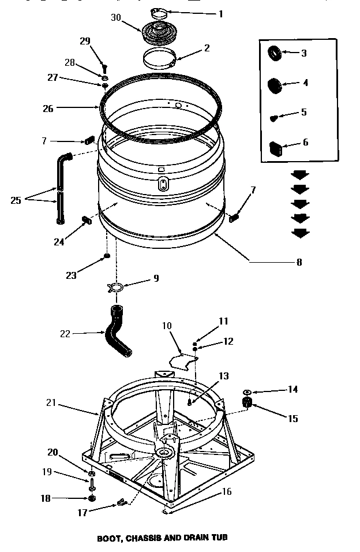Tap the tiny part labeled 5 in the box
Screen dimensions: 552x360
(x=274, y=117)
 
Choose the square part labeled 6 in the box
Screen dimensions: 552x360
(x=275, y=148)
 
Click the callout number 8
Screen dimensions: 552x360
(x=299, y=262)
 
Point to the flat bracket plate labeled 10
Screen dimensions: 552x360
(x=182, y=360)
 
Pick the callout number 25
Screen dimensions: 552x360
(x=16, y=200)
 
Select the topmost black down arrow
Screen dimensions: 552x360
(x=299, y=175)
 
